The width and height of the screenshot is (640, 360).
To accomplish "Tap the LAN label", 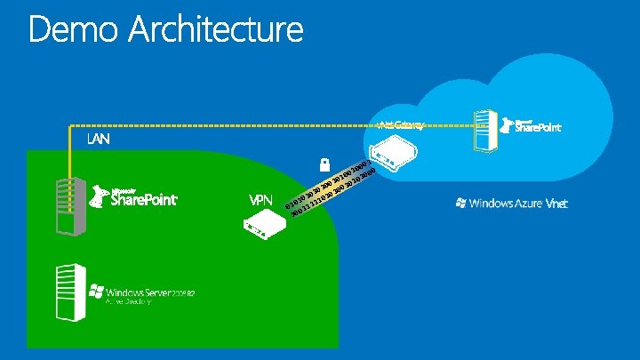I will tap(99, 140).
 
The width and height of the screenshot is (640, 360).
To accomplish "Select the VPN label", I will tap(260, 199).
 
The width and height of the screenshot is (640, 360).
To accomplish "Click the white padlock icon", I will tap(325, 164).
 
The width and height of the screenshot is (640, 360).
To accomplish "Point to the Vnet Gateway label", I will tap(401, 124).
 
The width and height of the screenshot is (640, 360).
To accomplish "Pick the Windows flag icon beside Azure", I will tap(460, 204).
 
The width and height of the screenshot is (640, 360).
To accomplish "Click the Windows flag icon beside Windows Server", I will tap(96, 292).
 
